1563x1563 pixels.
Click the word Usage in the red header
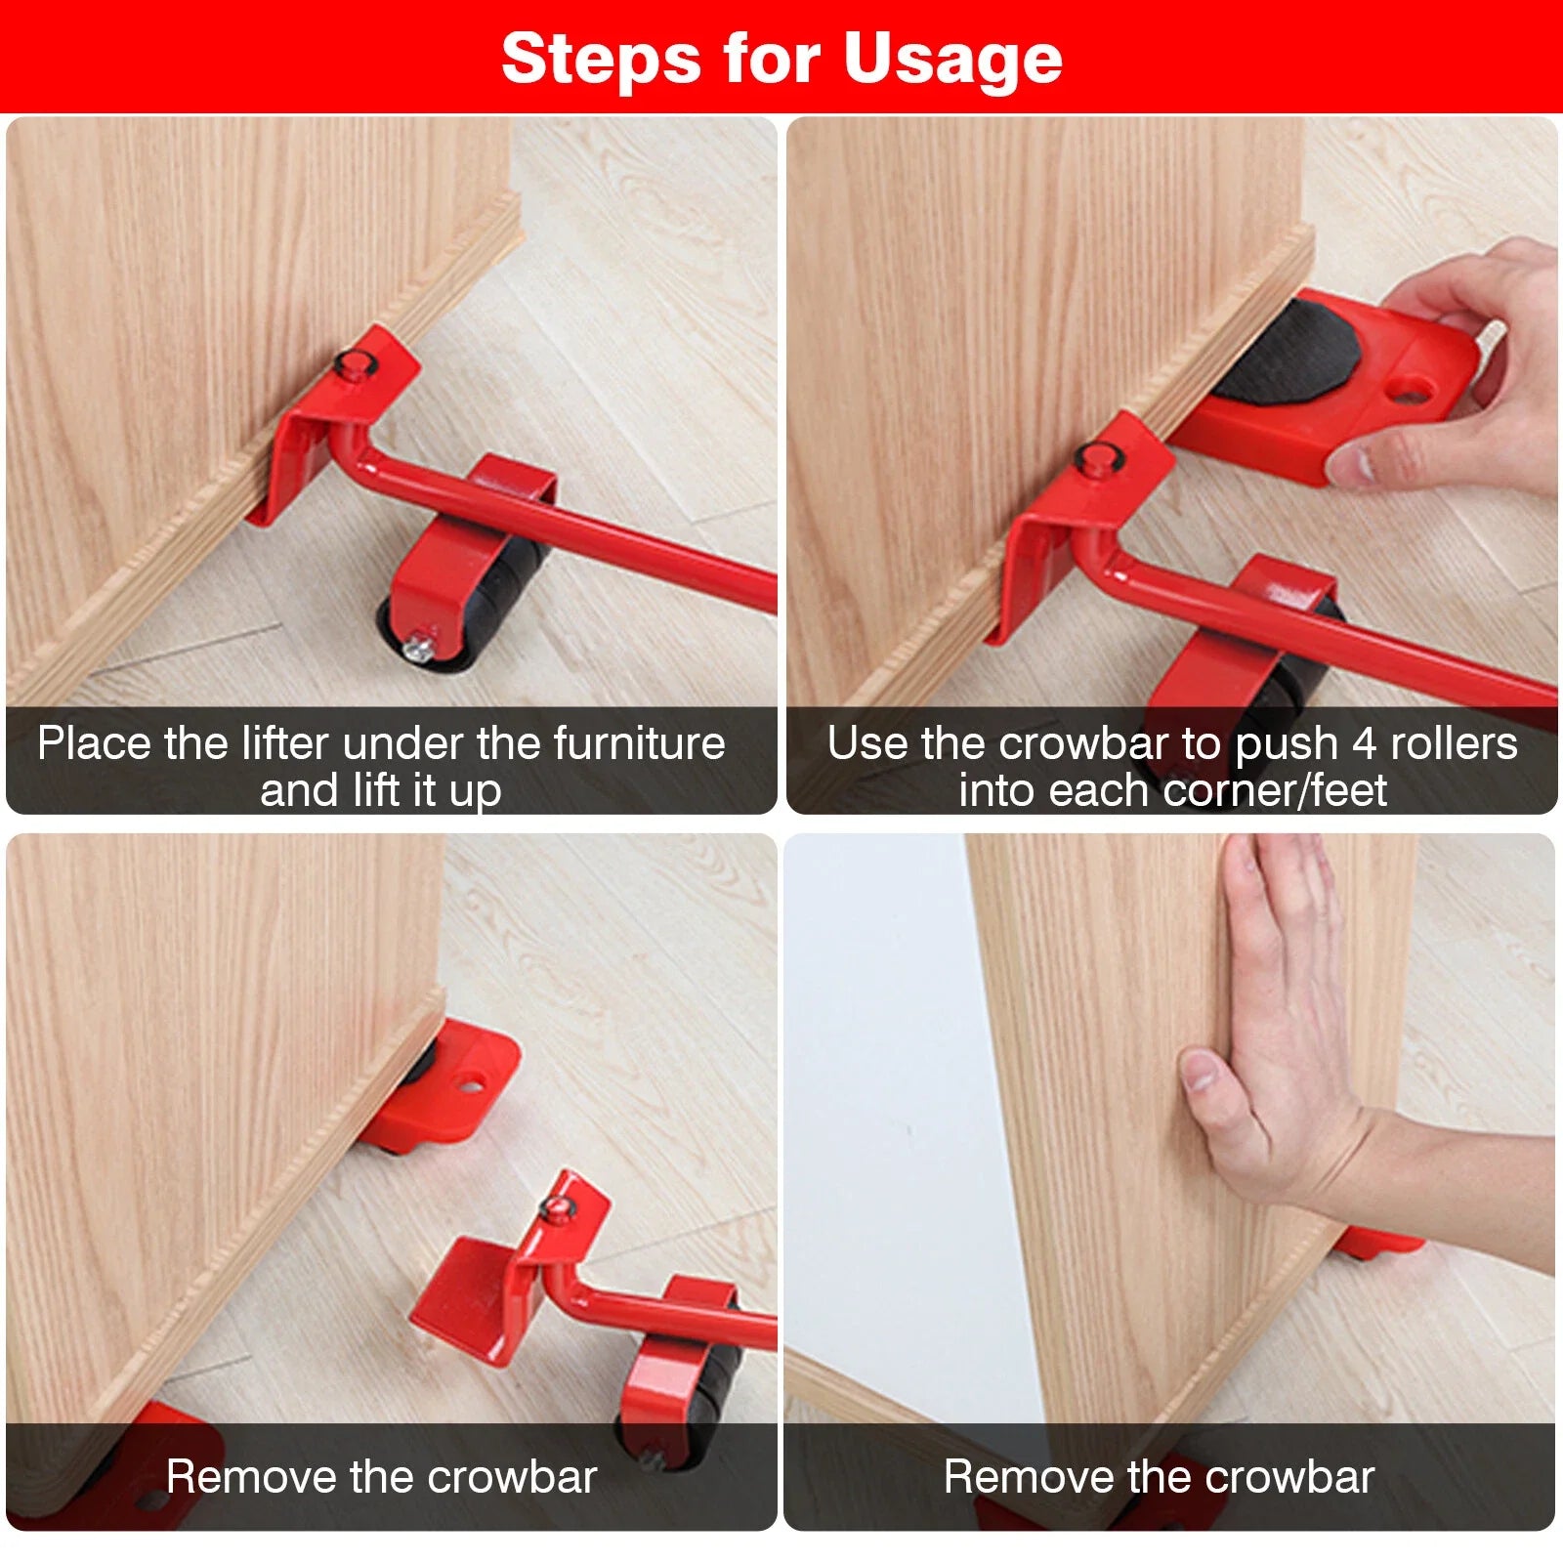(x=952, y=59)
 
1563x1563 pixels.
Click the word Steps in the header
(x=601, y=59)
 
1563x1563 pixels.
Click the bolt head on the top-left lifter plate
(x=352, y=364)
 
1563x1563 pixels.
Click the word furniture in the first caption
(x=640, y=743)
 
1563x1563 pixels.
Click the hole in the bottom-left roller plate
(x=471, y=1084)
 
